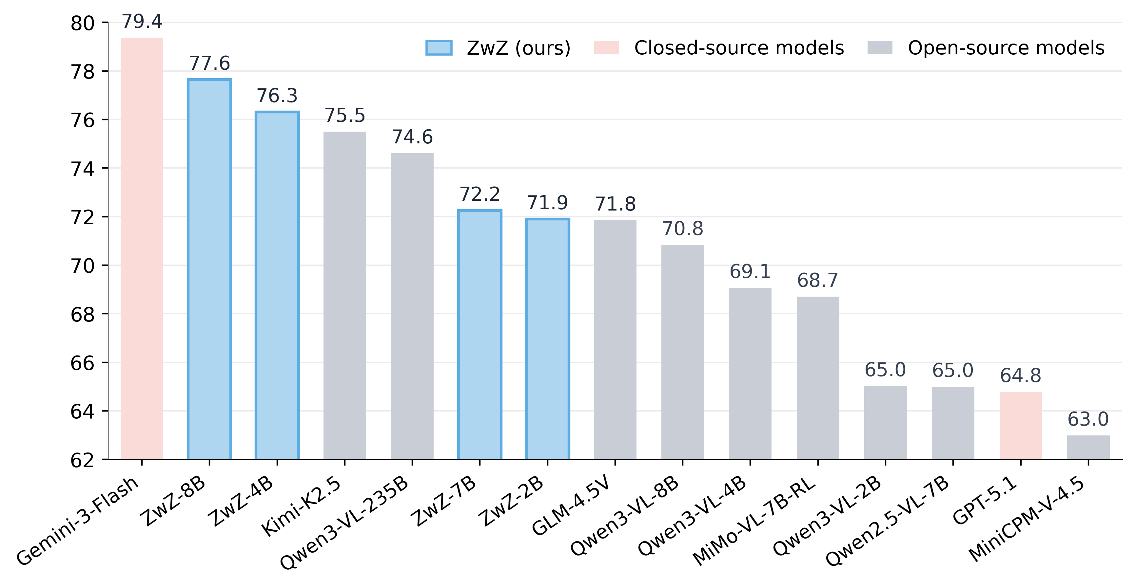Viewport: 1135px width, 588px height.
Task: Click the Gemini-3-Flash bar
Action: [x=142, y=249]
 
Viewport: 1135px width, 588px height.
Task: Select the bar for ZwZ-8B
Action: [x=209, y=269]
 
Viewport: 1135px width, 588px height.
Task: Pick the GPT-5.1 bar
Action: [x=1020, y=425]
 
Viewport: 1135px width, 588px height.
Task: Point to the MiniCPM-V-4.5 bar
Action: [x=1088, y=447]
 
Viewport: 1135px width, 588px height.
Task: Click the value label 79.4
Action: [x=142, y=21]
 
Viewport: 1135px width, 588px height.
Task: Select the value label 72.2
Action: [x=480, y=194]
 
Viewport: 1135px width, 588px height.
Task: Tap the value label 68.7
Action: [x=817, y=280]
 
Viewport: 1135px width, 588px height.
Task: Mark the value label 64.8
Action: [x=1020, y=376]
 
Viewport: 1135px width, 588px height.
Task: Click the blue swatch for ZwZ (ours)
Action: [x=439, y=47]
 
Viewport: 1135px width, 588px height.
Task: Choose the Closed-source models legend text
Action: [x=739, y=47]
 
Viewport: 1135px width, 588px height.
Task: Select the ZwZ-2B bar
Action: [x=547, y=339]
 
